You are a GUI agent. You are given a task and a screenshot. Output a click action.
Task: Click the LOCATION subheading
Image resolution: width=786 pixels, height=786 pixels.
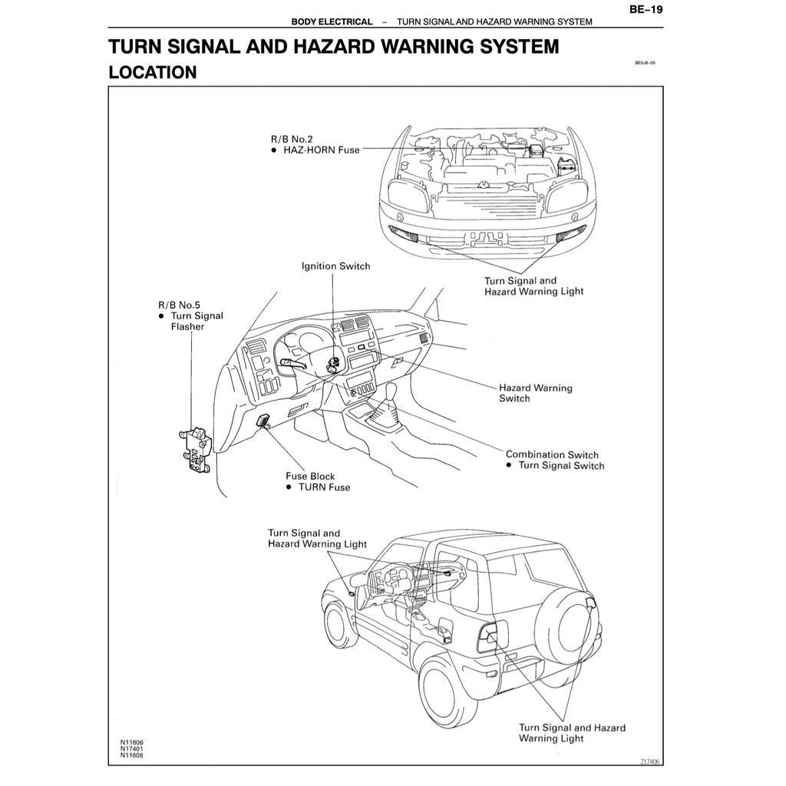(153, 73)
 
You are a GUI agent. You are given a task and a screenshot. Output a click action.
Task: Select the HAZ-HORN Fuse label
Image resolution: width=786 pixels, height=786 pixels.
(322, 150)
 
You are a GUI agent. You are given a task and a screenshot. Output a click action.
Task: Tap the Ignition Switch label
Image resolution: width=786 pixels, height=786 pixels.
(335, 266)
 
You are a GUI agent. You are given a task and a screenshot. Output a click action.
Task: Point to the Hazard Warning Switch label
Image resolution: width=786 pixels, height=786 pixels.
(535, 393)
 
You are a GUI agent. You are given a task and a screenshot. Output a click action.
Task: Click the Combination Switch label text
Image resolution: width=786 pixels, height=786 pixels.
(552, 454)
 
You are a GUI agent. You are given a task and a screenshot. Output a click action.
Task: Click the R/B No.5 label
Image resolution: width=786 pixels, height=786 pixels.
(180, 304)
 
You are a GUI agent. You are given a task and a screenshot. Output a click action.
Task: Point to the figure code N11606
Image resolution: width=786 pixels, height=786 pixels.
(131, 742)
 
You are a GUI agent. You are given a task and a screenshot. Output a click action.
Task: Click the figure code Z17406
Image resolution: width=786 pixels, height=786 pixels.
(649, 761)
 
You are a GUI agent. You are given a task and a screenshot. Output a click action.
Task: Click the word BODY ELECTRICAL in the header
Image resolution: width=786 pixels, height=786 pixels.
(332, 21)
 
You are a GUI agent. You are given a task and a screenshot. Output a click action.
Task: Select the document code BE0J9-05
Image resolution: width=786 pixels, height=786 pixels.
(645, 64)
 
